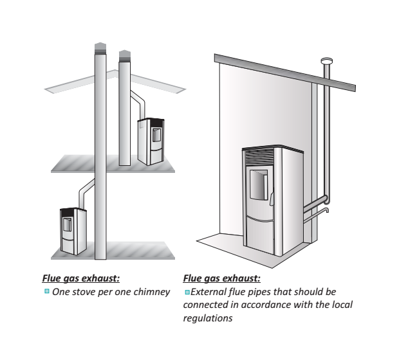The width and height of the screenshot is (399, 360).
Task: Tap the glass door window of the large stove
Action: coord(257,184)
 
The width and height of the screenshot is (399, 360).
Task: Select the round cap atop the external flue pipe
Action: coord(327,61)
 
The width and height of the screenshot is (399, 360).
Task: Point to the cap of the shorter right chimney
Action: coord(125,53)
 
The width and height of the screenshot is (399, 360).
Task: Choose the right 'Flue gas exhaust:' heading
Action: coord(221,279)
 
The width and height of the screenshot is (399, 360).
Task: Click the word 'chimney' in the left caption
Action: coord(153,292)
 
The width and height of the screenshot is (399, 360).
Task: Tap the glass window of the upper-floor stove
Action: coord(155,136)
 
